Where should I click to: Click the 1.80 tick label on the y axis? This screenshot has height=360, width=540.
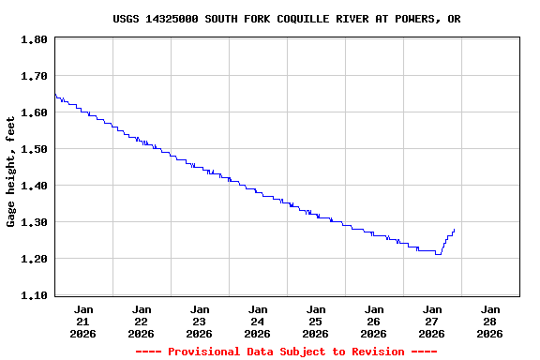point(34,39)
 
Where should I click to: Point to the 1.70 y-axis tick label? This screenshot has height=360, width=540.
point(34,76)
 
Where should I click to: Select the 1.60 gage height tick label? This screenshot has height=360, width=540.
point(34,112)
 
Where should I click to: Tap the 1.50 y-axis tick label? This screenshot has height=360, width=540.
point(34,149)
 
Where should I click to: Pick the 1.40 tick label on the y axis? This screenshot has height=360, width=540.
point(34,186)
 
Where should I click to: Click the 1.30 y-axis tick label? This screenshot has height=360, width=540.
point(34,222)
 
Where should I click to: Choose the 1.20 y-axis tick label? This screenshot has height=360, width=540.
point(34,259)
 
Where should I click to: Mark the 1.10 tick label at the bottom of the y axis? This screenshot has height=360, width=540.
point(34,295)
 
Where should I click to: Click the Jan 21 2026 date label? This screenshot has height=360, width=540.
point(83,321)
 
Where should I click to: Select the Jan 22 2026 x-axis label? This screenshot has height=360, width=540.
point(142,321)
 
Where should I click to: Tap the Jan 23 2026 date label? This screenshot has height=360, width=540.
point(200,321)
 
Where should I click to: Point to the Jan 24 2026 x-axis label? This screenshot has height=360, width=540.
point(258,321)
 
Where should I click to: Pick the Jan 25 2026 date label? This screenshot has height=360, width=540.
point(316,321)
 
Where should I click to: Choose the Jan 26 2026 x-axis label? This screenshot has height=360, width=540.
point(374,321)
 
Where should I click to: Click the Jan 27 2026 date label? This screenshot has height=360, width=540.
point(432,321)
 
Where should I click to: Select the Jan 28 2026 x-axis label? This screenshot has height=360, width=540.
point(490,321)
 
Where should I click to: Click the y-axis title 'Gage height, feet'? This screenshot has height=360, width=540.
point(11,172)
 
